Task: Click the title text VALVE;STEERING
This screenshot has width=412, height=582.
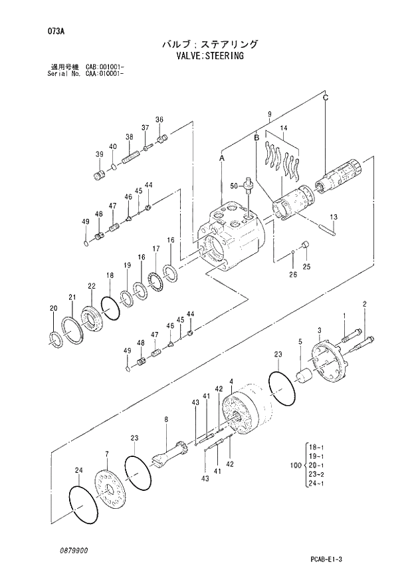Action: (x=205, y=57)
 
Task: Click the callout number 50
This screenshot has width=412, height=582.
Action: (x=233, y=185)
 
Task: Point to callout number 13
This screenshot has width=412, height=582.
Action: (x=334, y=217)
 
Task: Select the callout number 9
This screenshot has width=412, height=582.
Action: (x=268, y=114)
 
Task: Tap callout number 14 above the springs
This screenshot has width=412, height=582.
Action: (x=283, y=128)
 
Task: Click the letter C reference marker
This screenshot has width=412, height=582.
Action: (x=325, y=98)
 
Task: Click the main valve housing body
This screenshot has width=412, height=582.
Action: (x=233, y=236)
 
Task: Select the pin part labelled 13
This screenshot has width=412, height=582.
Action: (x=330, y=229)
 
